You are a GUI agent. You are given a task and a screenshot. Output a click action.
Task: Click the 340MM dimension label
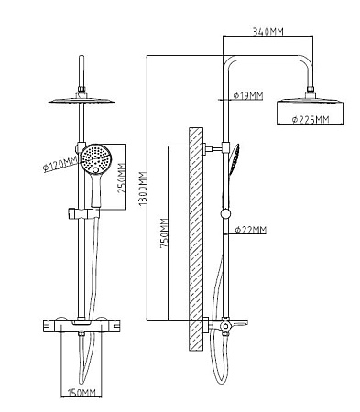coord(267,31)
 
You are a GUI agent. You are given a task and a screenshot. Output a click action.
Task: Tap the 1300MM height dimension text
coord(143,189)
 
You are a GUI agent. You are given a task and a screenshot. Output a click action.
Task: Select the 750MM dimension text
coord(165,233)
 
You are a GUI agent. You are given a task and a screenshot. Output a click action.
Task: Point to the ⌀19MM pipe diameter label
coord(248,96)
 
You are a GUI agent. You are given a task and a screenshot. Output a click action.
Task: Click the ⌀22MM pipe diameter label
coord(251,230)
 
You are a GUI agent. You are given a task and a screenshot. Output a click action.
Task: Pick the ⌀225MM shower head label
coord(311,119)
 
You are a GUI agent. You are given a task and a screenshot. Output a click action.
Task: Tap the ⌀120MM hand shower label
coord(60,165)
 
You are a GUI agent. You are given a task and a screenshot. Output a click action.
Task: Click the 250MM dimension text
coord(122,179)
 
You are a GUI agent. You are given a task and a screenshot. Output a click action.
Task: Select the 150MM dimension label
coord(82,393)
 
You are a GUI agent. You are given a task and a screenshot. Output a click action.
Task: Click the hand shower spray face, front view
coord(96,159)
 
